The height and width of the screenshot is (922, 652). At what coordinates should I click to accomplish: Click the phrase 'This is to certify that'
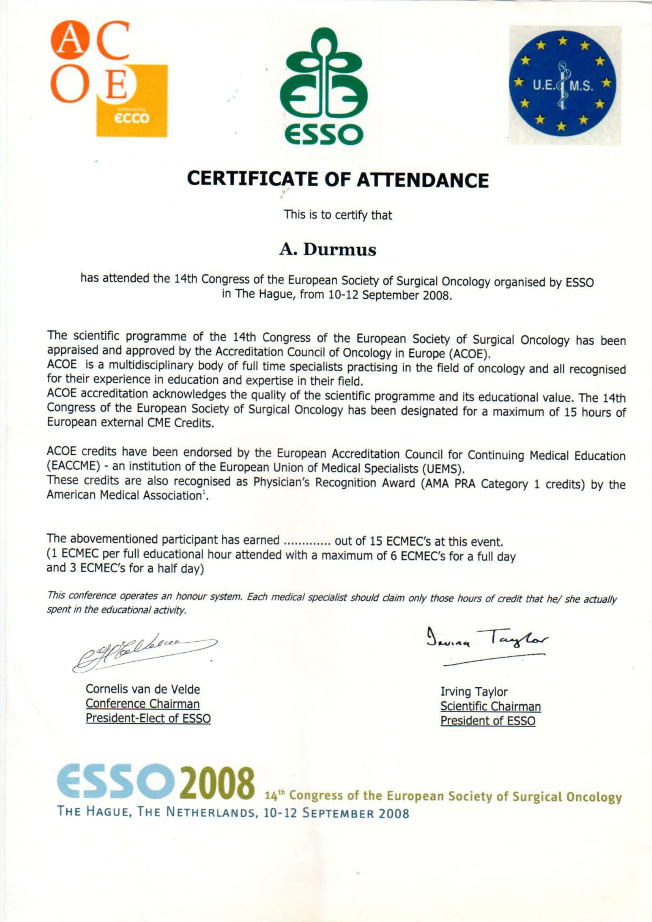pos(338,215)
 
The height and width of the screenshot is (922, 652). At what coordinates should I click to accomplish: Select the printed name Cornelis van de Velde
pos(143,689)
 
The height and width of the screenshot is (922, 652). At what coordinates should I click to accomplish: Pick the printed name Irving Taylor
pos(474,691)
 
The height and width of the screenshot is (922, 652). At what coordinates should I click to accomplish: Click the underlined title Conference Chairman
pos(143,704)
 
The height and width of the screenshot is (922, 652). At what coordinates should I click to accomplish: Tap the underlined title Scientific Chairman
pos(491,706)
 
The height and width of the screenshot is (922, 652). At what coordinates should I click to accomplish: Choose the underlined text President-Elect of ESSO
pos(148,718)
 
